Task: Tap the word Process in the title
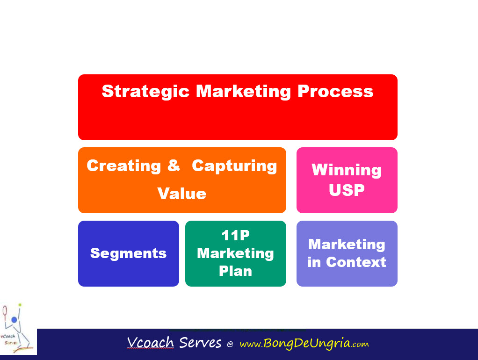(335, 91)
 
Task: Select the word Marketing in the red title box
(243, 91)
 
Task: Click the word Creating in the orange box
(123, 166)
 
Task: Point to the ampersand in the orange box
(174, 166)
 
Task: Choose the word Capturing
(234, 166)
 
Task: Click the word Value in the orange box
(182, 194)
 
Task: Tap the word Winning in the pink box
(347, 170)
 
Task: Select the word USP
(347, 190)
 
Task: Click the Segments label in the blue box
(128, 253)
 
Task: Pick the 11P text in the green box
(235, 236)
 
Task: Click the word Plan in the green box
(235, 271)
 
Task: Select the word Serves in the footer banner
(200, 343)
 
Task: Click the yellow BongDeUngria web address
(304, 344)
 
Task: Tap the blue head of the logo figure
(14, 320)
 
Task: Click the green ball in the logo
(20, 305)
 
